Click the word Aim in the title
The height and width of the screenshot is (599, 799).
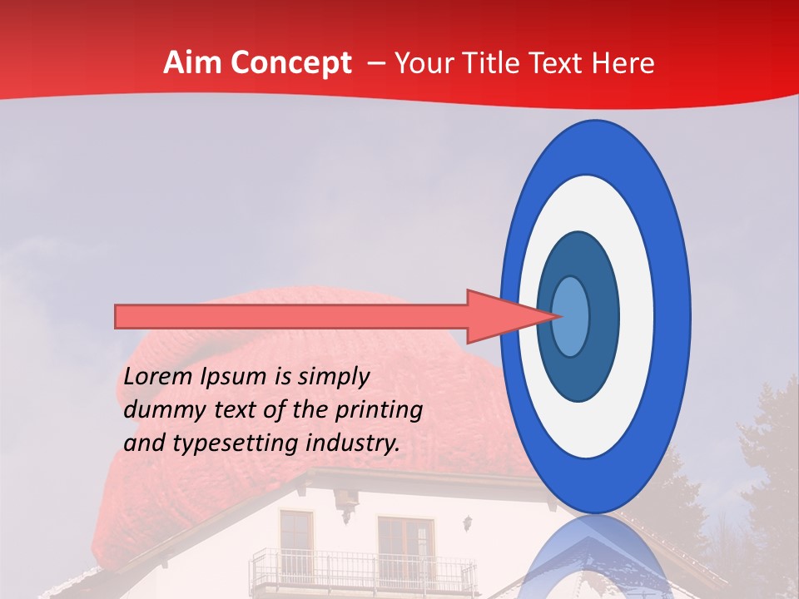tap(192, 63)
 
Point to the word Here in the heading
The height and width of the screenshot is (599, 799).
tap(624, 63)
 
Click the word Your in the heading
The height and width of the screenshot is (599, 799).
tap(425, 63)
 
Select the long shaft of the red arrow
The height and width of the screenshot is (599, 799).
tap(291, 316)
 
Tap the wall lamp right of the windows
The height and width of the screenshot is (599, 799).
tap(469, 523)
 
